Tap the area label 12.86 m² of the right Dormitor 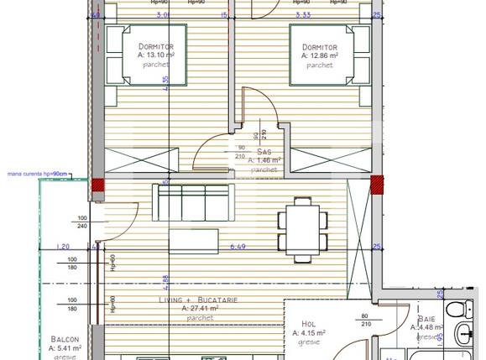coord(320,55)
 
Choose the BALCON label coord(65,339)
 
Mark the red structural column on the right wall coord(377,184)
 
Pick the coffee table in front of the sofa coord(194,239)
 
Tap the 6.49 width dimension coord(238,247)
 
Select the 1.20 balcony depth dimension coord(60,247)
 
